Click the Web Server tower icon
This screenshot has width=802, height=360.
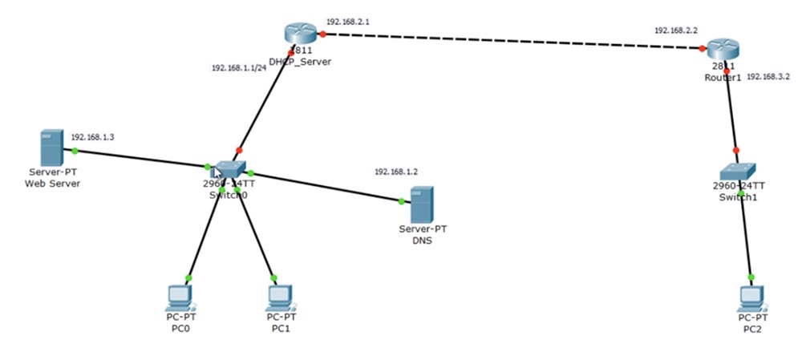(x=50, y=149)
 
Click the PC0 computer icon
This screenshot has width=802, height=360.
(x=180, y=297)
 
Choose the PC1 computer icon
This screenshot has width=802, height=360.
(x=278, y=297)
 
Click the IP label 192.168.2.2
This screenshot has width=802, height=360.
(x=676, y=30)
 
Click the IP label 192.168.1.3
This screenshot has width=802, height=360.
(x=93, y=137)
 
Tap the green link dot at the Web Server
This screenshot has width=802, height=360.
(x=75, y=150)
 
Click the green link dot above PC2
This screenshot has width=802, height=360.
(x=751, y=277)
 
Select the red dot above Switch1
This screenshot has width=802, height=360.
(x=736, y=150)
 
